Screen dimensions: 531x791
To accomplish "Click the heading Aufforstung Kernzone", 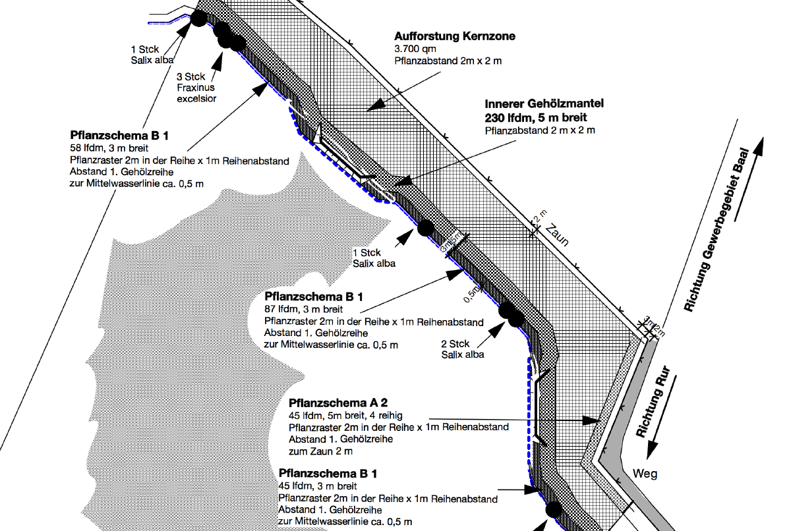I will [x=455, y=36].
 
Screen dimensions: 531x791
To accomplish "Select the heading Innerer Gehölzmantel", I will [x=544, y=104].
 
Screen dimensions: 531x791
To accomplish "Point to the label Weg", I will [x=645, y=473].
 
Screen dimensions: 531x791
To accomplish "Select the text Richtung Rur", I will [x=653, y=403].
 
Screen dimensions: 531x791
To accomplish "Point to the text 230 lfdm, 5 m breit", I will [x=536, y=117].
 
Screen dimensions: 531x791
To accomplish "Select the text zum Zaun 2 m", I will [x=320, y=452].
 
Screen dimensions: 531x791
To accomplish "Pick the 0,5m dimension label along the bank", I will [x=470, y=296].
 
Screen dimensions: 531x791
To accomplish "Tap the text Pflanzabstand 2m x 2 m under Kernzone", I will [x=448, y=61].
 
